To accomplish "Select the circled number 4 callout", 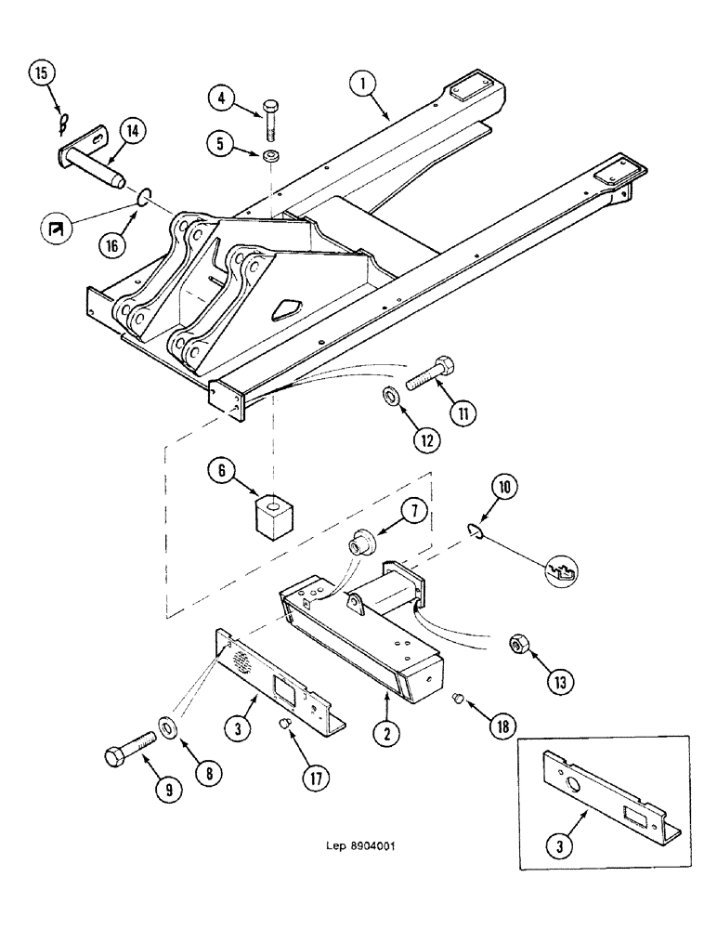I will (x=219, y=96).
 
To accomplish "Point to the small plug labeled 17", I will (x=287, y=725).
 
